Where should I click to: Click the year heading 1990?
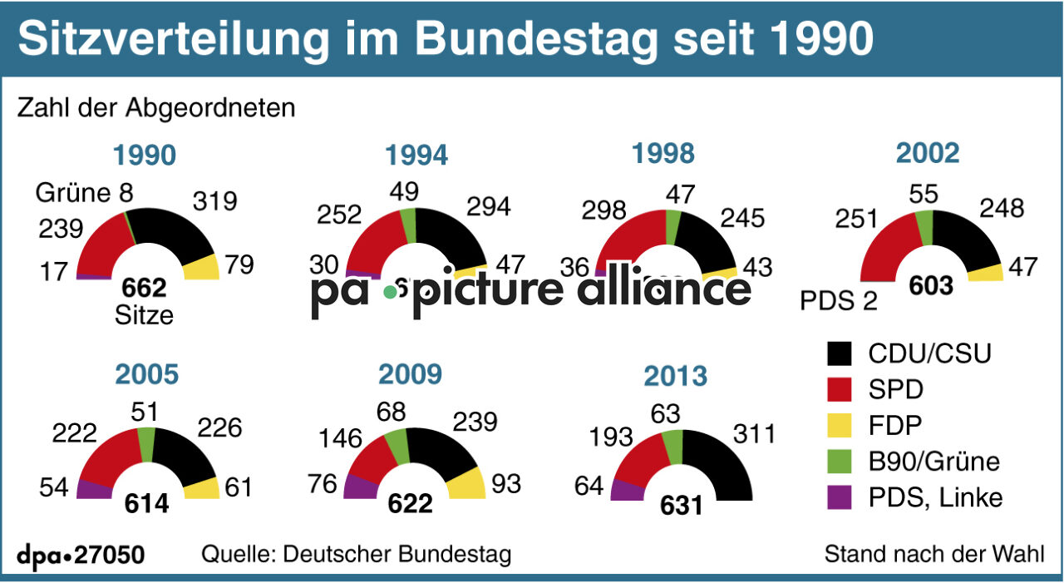145,156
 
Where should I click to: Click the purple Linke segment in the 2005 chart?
93,489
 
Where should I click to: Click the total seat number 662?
144,288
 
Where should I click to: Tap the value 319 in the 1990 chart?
214,201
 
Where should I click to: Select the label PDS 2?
838,300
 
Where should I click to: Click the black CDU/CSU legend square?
841,353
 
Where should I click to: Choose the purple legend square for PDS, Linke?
841,497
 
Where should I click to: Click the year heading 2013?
675,376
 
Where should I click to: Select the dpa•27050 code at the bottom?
81,555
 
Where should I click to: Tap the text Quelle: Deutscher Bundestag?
357,554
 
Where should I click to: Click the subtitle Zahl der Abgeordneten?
156,108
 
